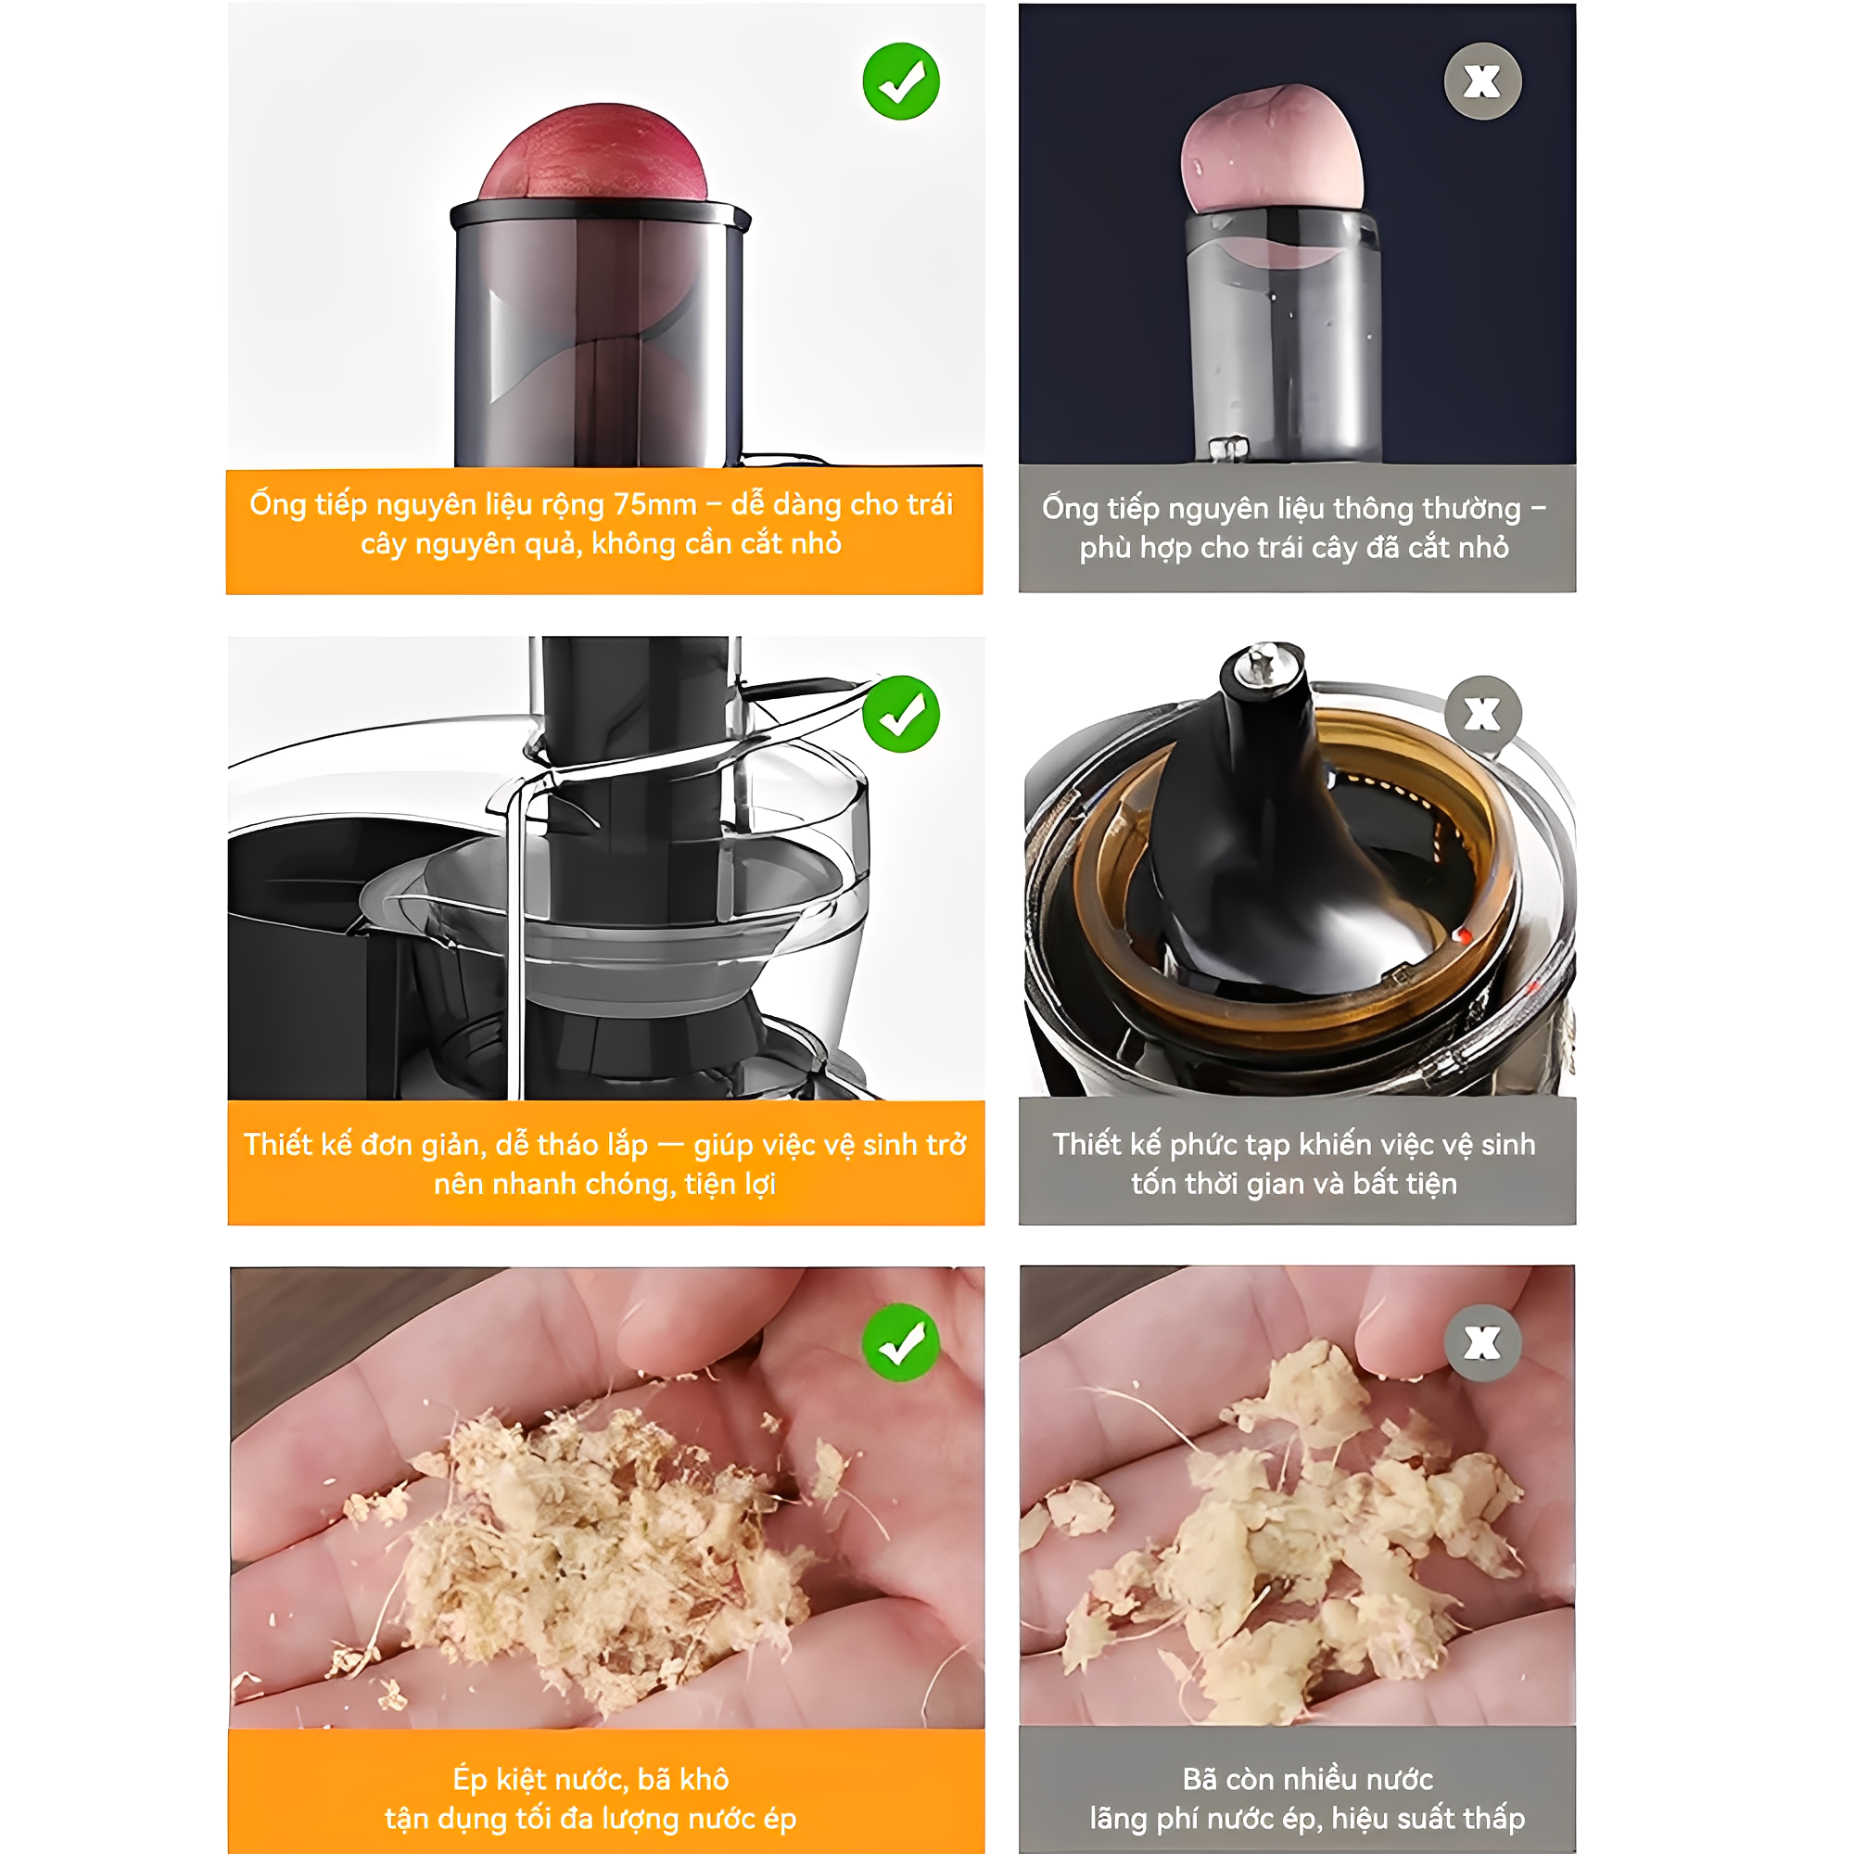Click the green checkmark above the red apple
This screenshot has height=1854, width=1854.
click(x=901, y=82)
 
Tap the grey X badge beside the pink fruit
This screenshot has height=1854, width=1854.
click(x=1482, y=82)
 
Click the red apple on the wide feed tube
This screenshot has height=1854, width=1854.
click(x=594, y=154)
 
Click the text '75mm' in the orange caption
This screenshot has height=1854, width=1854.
click(x=655, y=505)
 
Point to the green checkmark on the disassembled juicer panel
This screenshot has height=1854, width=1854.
click(x=901, y=714)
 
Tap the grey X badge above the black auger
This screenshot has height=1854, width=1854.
click(x=1482, y=714)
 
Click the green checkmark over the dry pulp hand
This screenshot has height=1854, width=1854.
click(x=901, y=1342)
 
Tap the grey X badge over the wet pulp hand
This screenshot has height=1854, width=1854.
click(x=1482, y=1342)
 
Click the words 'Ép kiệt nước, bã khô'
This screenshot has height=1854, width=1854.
click(x=590, y=1780)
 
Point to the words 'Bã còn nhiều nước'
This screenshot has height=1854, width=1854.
click(x=1307, y=1780)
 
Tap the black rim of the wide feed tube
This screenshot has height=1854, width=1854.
click(x=601, y=214)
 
